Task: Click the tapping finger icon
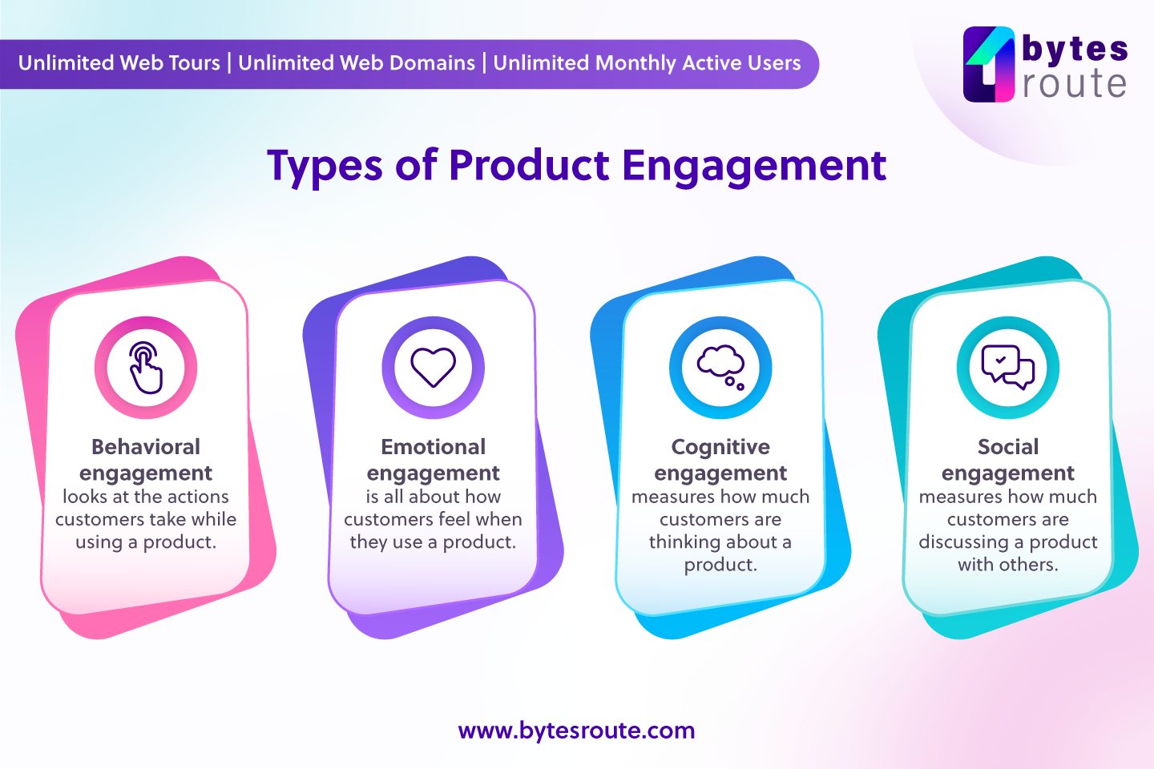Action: [146, 368]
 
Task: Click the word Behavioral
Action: [146, 447]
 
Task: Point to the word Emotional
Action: [433, 447]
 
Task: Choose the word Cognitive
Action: [720, 447]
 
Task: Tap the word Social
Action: [1007, 447]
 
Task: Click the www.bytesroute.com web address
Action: [576, 731]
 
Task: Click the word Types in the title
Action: [325, 166]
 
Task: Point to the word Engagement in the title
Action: [753, 166]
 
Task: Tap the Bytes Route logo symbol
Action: [989, 65]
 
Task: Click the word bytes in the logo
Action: [1075, 49]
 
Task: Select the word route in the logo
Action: [1075, 84]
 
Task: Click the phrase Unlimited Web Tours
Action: [119, 63]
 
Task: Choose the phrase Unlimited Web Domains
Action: [357, 63]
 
